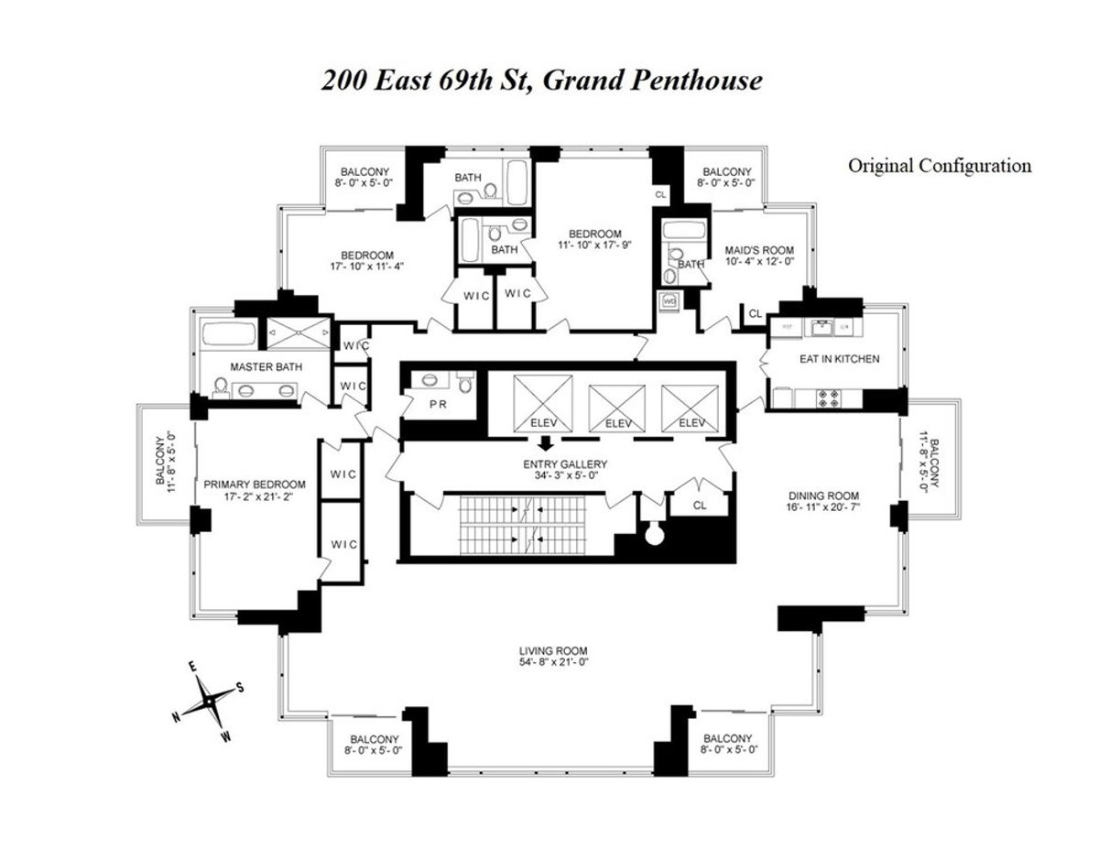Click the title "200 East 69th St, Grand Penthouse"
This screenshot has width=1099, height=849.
[541, 81]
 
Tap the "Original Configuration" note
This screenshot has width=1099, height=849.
[939, 166]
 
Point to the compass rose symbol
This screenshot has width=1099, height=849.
[209, 701]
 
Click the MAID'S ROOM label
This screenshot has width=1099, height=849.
[760, 250]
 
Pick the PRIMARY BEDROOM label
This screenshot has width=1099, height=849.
[255, 484]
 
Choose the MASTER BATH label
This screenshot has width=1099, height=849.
[259, 366]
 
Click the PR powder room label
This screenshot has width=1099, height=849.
[438, 403]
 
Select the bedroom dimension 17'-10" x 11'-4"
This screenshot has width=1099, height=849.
[367, 267]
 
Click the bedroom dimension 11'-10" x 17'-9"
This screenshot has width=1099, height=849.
[594, 245]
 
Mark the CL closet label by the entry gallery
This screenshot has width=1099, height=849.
[700, 505]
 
